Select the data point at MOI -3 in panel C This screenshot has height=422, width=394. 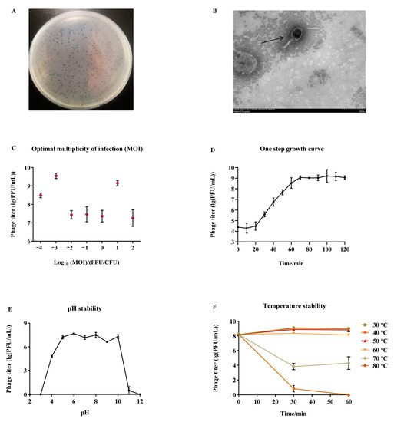click(x=56, y=176)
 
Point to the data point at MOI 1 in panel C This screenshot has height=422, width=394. click(x=118, y=183)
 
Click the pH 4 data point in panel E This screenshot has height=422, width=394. click(x=51, y=356)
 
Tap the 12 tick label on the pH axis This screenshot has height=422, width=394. click(x=141, y=401)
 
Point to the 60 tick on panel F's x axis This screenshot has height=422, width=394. click(x=349, y=401)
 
